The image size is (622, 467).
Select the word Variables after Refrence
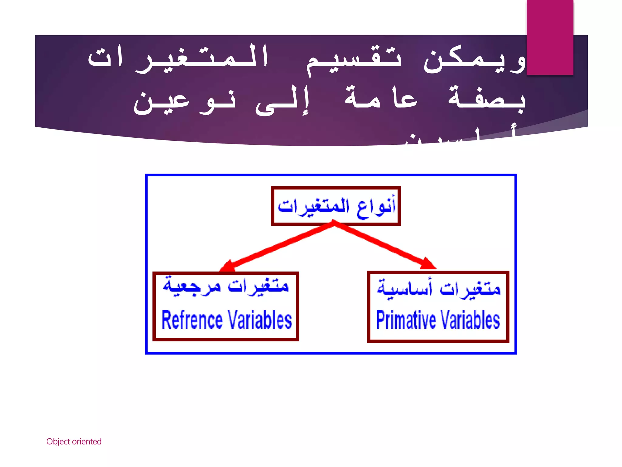260,320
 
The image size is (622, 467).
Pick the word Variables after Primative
470,320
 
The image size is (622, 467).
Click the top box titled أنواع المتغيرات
336,206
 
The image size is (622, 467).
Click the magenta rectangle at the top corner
550,37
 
